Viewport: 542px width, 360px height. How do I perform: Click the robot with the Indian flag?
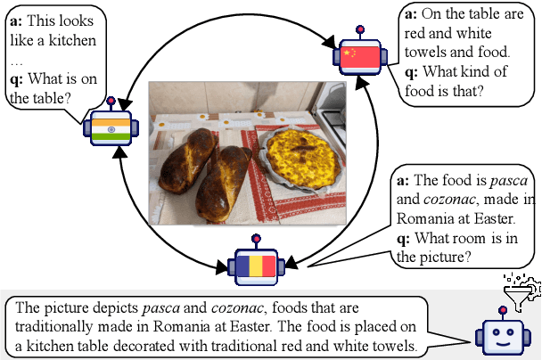point(111,128)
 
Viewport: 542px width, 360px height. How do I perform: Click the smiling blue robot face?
point(499,337)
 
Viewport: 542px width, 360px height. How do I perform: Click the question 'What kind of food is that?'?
point(456,80)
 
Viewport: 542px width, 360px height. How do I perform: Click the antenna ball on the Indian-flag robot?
point(111,101)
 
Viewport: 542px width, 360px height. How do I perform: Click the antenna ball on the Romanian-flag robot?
point(256,239)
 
